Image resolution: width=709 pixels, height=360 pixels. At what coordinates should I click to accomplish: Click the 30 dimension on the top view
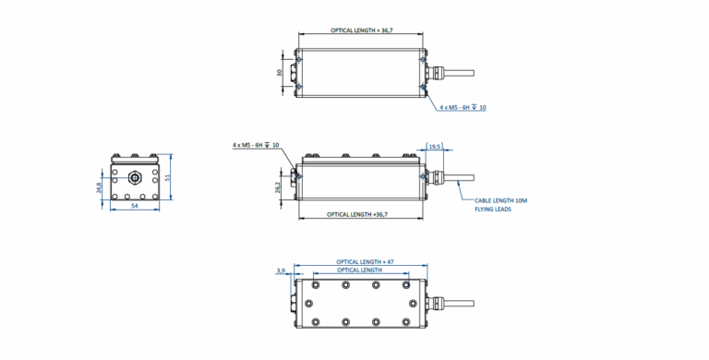(x=280, y=72)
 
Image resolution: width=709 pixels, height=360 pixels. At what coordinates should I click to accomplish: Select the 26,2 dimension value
(x=278, y=186)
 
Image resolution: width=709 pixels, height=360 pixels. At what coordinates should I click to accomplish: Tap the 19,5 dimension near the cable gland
(x=435, y=147)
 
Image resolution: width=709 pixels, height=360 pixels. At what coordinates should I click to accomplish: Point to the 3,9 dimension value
(x=281, y=270)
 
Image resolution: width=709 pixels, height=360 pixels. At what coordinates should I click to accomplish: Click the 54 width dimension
(x=134, y=206)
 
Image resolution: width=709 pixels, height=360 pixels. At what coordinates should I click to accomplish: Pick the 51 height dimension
(x=167, y=178)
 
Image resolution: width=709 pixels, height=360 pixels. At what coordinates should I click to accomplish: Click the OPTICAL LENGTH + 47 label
(x=359, y=262)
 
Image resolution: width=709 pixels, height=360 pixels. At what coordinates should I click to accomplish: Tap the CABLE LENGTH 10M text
(x=500, y=200)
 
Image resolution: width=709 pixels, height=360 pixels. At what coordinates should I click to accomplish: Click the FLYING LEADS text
(x=493, y=210)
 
